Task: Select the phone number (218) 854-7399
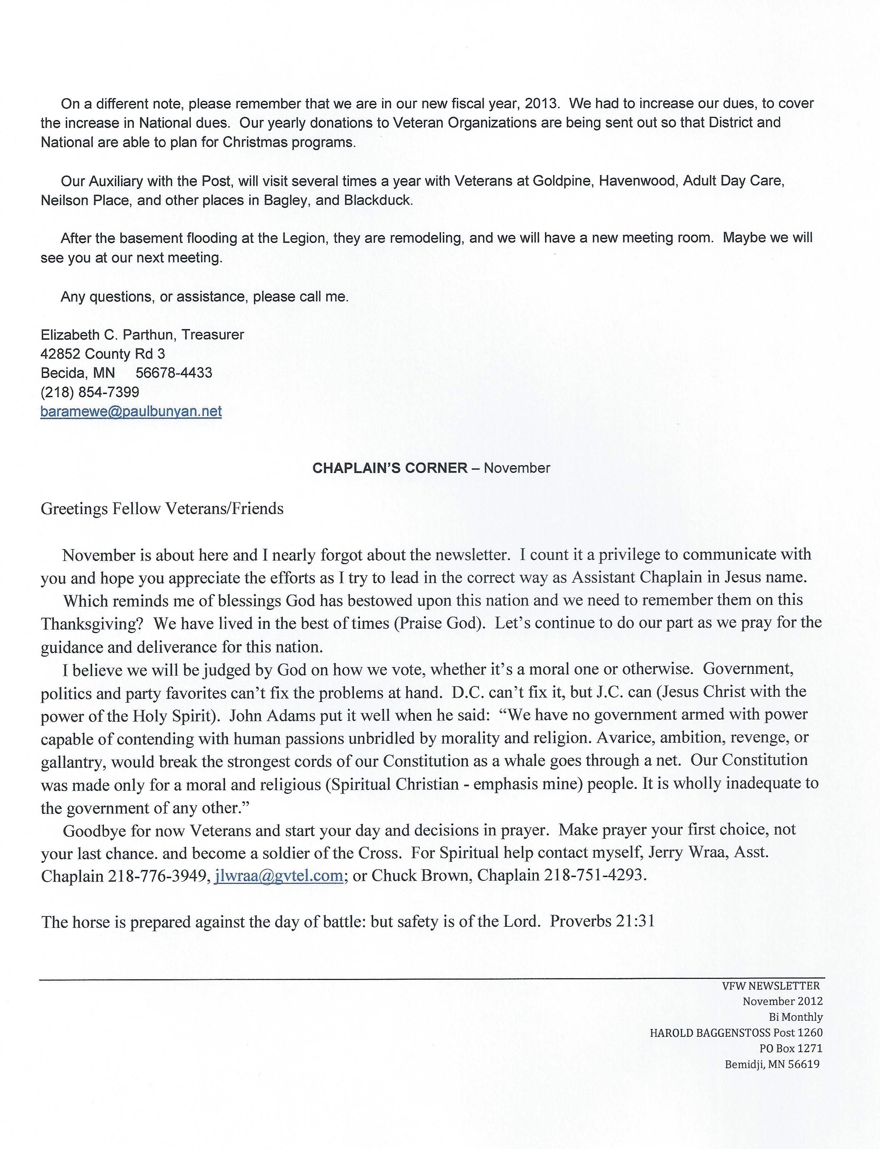click(90, 392)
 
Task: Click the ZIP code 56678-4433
click(174, 373)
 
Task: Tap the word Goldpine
click(562, 181)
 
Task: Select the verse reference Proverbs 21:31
click(602, 922)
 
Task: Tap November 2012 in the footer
click(782, 1001)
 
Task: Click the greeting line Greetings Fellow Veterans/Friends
click(162, 509)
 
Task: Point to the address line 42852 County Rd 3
click(102, 354)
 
